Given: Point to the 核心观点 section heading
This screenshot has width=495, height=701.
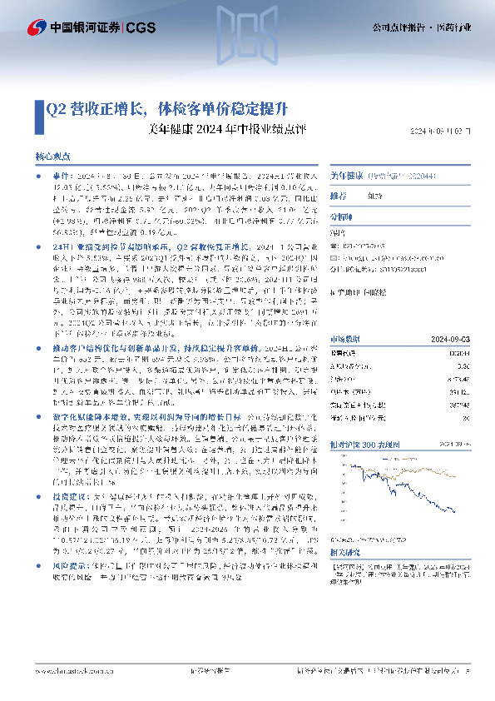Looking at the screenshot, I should point(52,156).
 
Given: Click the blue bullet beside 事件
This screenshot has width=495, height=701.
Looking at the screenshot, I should point(39,177).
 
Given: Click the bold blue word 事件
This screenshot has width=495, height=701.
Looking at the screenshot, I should point(60,177).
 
